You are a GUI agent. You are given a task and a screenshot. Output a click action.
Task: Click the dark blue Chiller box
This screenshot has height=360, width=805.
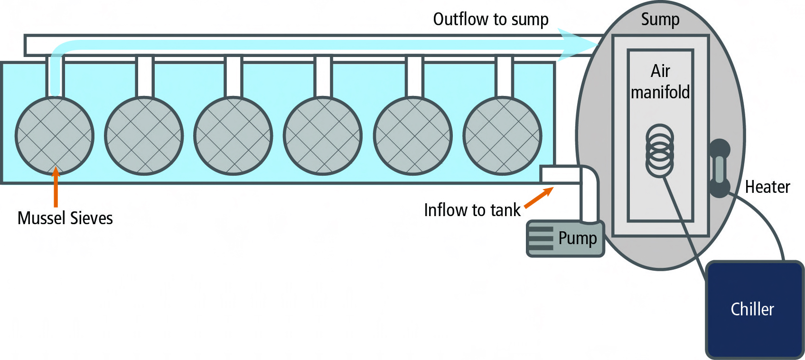(754, 309)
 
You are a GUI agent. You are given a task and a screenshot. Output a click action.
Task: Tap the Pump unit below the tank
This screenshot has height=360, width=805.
(565, 238)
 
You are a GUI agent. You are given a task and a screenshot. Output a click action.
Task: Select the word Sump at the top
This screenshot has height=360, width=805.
(660, 19)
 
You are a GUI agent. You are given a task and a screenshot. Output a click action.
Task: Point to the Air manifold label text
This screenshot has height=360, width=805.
(660, 82)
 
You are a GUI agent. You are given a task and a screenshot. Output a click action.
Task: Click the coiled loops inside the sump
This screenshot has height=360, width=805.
(660, 151)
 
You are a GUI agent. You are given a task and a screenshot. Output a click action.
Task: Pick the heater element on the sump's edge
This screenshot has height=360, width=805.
(720, 168)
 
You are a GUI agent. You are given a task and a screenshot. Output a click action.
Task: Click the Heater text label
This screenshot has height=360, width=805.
(767, 187)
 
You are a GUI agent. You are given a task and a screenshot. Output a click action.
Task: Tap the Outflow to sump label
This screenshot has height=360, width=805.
(490, 19)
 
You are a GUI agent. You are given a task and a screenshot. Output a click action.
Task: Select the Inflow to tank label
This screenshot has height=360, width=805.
(472, 210)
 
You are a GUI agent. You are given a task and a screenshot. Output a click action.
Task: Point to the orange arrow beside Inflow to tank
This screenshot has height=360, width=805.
(539, 198)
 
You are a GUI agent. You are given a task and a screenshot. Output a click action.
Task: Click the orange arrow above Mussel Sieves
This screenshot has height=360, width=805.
(56, 187)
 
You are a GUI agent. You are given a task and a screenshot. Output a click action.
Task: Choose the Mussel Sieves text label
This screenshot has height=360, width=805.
(65, 218)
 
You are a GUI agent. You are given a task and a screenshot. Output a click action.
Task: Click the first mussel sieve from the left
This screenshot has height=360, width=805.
(55, 136)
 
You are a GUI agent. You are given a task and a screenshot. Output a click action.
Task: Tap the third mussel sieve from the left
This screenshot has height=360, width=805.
(233, 136)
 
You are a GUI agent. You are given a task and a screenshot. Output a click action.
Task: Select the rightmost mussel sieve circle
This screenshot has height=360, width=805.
(502, 136)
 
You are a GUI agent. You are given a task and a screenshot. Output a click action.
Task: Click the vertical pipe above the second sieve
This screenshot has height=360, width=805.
(144, 77)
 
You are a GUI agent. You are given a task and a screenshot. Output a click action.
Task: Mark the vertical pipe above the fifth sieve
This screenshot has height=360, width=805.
(414, 77)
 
